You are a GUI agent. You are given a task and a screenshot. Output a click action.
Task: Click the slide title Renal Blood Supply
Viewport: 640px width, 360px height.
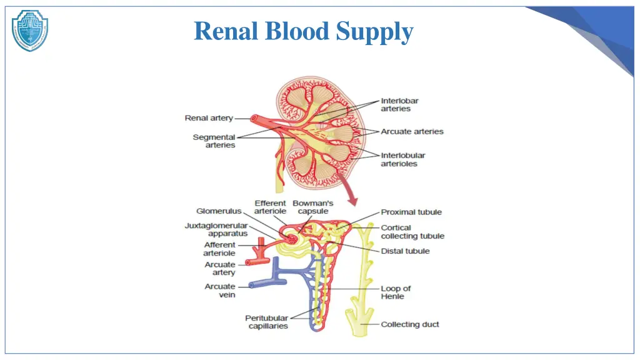(304, 31)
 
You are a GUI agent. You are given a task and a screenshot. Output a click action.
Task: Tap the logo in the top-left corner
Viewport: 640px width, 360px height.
(30, 30)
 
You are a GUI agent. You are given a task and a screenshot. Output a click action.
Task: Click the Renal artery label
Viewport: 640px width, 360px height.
(209, 117)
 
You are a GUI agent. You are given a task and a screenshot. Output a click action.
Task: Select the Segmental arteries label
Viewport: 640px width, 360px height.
(214, 141)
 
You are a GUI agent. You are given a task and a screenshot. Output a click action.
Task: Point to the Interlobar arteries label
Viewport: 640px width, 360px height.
(399, 104)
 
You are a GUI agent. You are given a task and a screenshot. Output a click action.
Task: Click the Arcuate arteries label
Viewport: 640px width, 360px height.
(412, 131)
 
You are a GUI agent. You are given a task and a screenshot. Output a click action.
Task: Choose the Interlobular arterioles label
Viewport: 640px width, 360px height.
(402, 159)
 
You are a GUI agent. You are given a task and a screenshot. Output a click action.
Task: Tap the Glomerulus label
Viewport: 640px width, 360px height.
(219, 211)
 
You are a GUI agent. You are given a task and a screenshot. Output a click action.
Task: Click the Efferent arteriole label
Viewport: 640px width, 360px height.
(270, 207)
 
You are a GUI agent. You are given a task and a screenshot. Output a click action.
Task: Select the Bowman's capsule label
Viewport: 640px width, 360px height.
(312, 207)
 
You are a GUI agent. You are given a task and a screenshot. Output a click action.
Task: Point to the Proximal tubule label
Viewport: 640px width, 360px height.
(411, 212)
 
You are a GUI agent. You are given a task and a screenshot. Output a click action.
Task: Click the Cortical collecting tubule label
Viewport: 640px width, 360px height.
(412, 232)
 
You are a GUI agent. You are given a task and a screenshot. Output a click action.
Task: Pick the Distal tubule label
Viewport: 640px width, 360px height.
(405, 251)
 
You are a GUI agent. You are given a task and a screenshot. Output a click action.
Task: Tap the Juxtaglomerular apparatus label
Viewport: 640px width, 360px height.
(216, 229)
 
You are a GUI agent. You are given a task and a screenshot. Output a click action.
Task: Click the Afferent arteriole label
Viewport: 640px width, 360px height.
(219, 249)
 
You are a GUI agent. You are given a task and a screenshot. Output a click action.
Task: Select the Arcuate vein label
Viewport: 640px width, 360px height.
(220, 291)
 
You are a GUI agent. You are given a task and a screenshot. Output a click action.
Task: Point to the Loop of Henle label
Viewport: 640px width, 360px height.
(396, 292)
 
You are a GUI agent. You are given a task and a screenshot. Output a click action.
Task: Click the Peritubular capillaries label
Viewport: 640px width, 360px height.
(266, 322)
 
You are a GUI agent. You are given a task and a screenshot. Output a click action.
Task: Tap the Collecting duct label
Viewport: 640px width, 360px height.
(409, 324)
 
